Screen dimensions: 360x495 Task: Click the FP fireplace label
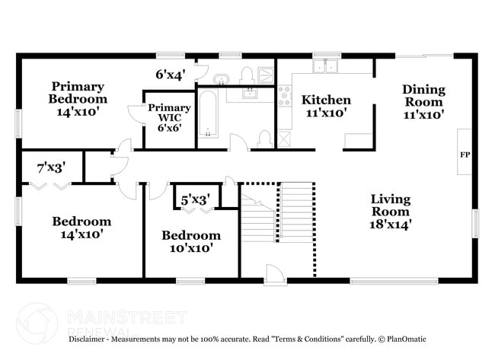tap(465, 155)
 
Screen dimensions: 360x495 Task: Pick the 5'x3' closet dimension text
tap(195, 200)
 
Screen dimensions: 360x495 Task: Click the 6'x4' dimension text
tap(171, 75)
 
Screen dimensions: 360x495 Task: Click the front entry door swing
tap(274, 273)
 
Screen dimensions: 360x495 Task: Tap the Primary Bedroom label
tap(78, 99)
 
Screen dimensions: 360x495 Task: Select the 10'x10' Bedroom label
tap(190, 241)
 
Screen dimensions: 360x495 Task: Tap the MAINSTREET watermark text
tap(126, 317)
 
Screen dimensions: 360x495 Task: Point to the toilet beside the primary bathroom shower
tap(247, 74)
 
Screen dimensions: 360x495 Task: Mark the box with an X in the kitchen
tap(285, 139)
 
